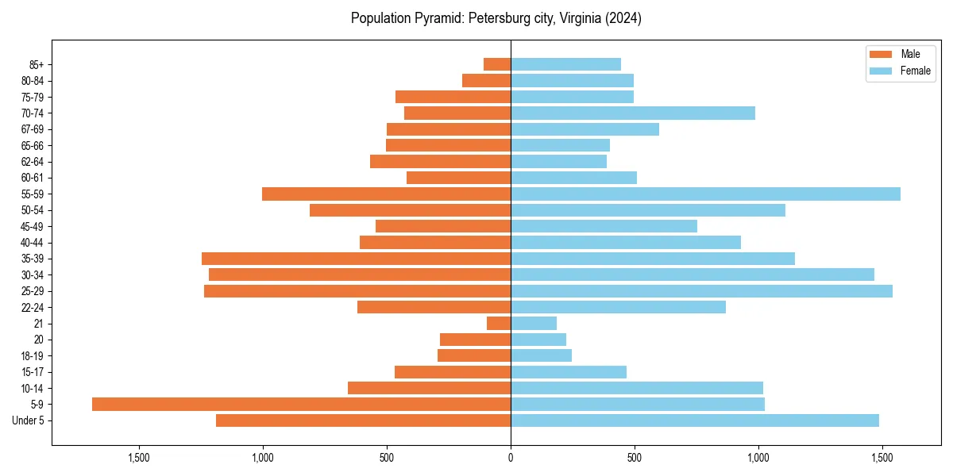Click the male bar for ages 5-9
point(301,405)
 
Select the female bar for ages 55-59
point(705,194)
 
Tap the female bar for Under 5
point(695,420)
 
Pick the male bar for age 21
point(499,324)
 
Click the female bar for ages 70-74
point(633,113)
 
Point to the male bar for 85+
point(497,65)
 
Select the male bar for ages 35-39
point(356,259)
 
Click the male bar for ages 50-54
point(410,210)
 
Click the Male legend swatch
point(882,54)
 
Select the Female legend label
point(915,71)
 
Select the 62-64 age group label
point(33,162)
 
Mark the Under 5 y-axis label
point(28,420)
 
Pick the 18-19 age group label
point(33,356)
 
